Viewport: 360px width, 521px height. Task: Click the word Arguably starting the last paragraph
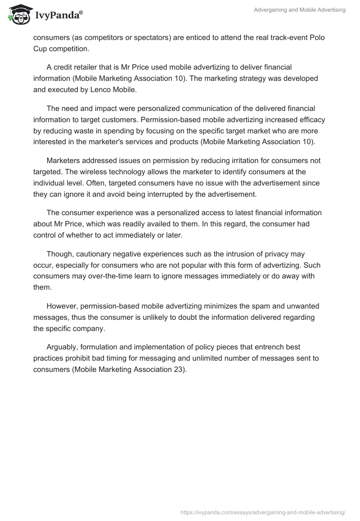pos(62,347)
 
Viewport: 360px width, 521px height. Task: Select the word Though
pos(58,254)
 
